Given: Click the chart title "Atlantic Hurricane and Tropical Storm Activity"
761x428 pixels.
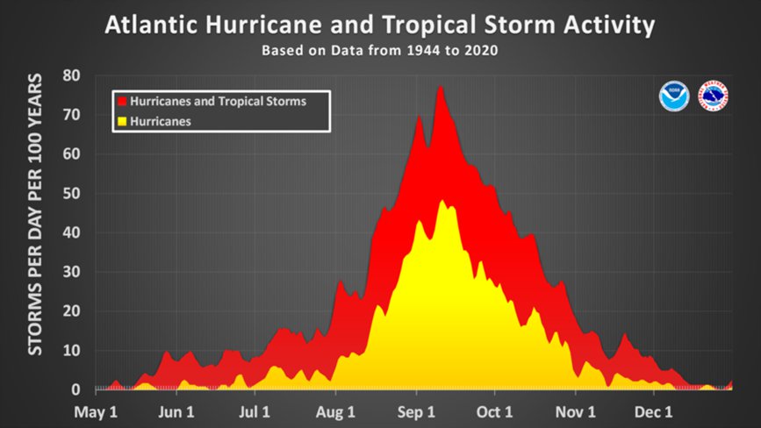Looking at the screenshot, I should [379, 25].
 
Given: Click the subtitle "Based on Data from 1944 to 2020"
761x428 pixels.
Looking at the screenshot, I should [379, 50].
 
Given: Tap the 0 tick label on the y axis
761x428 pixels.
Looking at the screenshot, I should [76, 389].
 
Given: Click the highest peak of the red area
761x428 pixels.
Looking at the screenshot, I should [440, 87].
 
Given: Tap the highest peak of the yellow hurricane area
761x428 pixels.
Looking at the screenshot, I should [442, 201].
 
